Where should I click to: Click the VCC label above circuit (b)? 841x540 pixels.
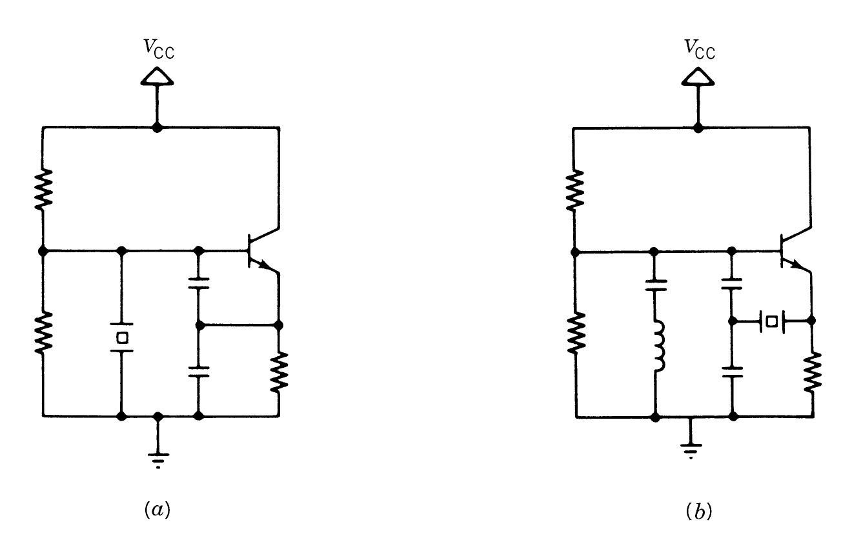tap(699, 49)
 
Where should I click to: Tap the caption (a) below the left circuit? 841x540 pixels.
tap(157, 510)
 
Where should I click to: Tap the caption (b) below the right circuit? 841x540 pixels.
tap(698, 510)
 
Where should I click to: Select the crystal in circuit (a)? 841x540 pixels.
tap(121, 337)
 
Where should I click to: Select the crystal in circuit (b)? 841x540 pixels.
tap(771, 321)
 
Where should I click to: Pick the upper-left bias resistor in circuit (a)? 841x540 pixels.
tap(43, 188)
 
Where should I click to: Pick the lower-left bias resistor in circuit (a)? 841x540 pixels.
tap(43, 332)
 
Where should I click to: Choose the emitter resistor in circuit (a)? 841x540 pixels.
tap(279, 371)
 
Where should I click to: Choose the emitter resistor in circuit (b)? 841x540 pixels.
tap(813, 371)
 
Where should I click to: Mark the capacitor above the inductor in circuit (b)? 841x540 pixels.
tap(655, 285)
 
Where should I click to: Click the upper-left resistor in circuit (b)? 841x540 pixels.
tap(575, 188)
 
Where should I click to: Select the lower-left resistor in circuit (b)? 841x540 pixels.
tap(575, 332)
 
